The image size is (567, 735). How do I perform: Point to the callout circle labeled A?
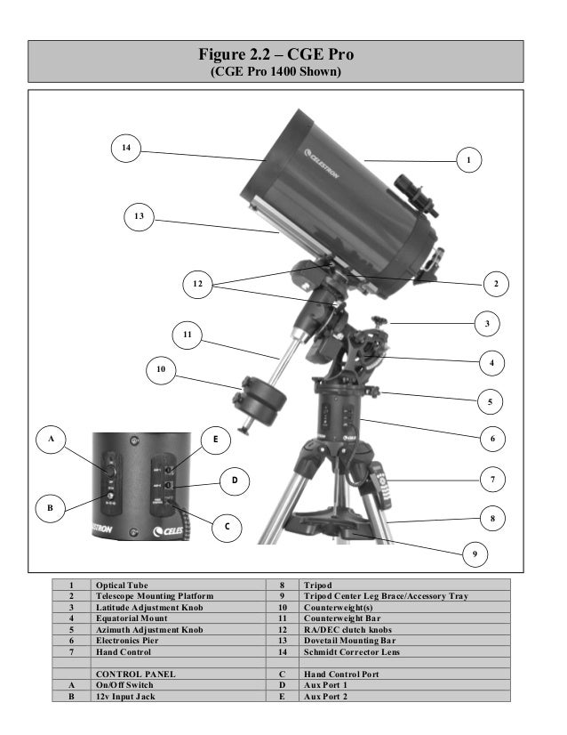52,440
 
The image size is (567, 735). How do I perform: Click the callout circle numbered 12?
198,284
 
